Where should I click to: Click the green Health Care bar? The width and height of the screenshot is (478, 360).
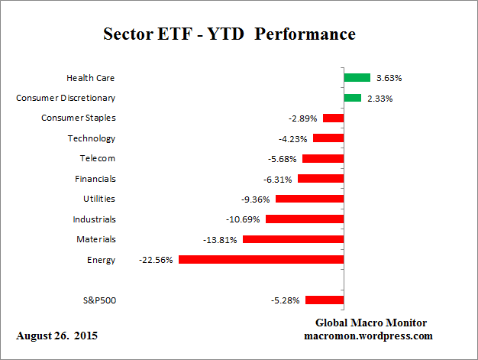point(357,77)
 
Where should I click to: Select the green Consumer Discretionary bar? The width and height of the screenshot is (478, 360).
point(352,98)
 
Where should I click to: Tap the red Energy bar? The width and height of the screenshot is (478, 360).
point(260,260)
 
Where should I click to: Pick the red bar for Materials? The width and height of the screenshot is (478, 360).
point(292,239)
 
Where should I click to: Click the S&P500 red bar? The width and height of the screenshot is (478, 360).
point(324,300)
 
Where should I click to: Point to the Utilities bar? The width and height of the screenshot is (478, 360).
point(309,199)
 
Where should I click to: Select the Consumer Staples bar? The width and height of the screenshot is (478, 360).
point(333,118)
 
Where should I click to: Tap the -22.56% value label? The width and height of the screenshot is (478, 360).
point(156,260)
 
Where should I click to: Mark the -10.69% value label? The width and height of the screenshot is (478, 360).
point(243,219)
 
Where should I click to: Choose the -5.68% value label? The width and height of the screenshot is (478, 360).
point(279,158)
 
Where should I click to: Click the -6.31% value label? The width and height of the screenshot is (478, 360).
point(275,179)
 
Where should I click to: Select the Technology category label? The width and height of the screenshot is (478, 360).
point(91,138)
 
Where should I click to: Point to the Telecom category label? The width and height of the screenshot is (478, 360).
point(97,158)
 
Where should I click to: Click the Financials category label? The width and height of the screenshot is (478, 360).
point(95,179)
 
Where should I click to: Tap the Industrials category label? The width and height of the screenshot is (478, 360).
point(95,219)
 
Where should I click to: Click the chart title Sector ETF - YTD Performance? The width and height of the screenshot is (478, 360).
point(229,34)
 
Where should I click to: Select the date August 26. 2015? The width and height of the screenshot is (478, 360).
point(57,336)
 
